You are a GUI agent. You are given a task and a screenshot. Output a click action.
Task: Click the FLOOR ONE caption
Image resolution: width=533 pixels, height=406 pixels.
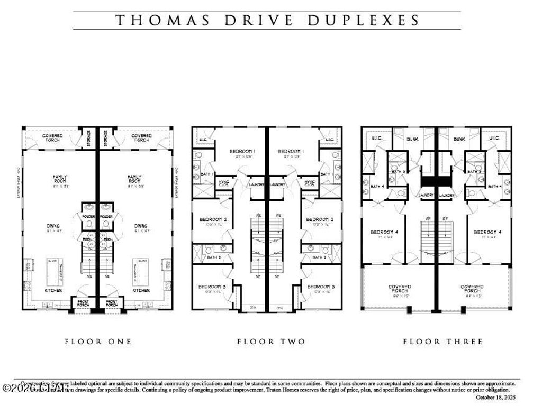pyautogui.click(x=98, y=342)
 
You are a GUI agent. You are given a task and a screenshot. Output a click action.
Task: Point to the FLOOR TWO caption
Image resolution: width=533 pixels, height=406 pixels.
pyautogui.click(x=271, y=342)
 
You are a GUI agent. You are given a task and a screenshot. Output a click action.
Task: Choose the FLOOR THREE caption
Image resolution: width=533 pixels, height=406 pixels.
pyautogui.click(x=442, y=342)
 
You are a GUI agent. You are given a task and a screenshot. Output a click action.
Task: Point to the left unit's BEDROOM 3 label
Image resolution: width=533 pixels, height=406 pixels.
pyautogui.click(x=212, y=287)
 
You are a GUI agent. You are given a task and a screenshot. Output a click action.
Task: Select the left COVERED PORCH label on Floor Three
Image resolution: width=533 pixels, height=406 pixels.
pyautogui.click(x=400, y=289)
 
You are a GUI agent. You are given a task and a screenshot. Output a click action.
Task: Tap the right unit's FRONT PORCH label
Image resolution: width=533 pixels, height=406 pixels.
pyautogui.click(x=112, y=303)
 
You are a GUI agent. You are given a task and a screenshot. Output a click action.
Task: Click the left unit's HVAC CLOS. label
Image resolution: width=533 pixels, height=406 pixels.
pyautogui.click(x=224, y=183)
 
